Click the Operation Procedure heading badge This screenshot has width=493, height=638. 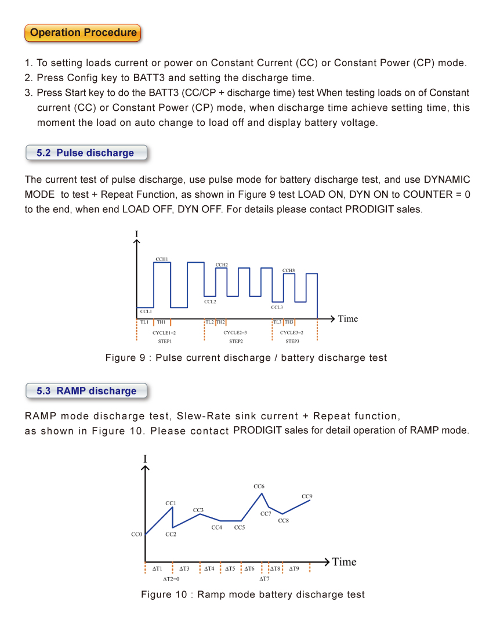coord(83,32)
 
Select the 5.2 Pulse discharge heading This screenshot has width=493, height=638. coord(85,153)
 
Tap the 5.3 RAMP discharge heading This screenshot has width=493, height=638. coord(86,391)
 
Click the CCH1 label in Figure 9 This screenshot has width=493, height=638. coord(162,259)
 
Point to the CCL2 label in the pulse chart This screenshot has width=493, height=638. coord(210,302)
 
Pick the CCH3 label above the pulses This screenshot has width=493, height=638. coord(289,270)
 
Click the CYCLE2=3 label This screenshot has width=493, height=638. coord(235,333)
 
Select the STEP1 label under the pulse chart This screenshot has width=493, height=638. coord(165,342)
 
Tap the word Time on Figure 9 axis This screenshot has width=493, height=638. coord(348,318)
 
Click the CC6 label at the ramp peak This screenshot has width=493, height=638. coord(259,486)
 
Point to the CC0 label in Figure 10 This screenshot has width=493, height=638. coord(137,534)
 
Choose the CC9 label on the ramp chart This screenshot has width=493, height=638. coord(307,496)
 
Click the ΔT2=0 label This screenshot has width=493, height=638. coord(171,579)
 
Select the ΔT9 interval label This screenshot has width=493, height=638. coord(294,569)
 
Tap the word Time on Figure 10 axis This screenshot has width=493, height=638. coord(344,561)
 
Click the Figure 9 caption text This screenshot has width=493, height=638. coord(246,358)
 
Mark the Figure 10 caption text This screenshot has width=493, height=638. coord(253,594)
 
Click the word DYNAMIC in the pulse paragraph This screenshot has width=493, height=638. coord(447,179)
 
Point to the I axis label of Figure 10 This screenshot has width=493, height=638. coord(145,459)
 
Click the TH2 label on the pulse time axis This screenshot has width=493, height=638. coord(220,322)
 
